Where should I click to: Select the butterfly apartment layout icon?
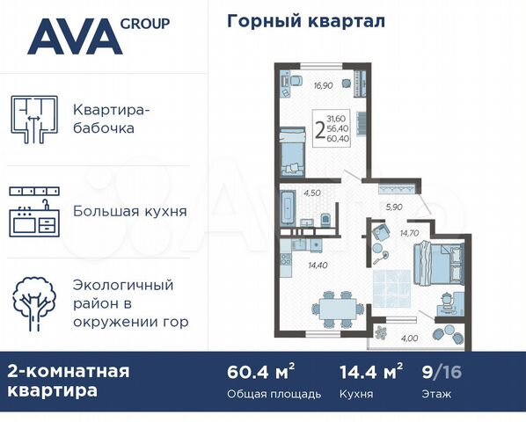coord(33,120)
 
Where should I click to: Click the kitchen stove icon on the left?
coord(33,211)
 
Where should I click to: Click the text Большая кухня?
coord(142,211)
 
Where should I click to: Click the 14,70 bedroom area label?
coord(409,232)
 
